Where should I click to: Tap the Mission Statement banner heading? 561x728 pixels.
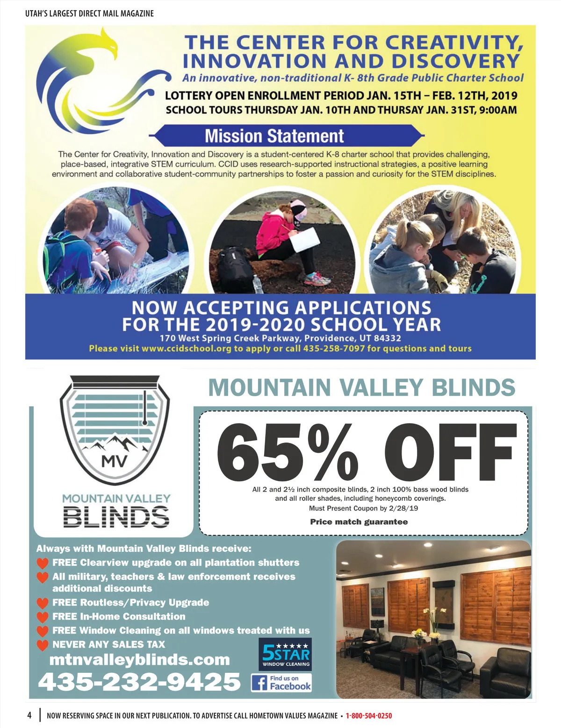[x=274, y=136]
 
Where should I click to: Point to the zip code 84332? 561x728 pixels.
[x=387, y=338]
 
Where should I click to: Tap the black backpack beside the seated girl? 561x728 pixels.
[x=236, y=269]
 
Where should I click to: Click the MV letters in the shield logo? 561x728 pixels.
[x=114, y=462]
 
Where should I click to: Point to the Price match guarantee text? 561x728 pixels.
[x=359, y=522]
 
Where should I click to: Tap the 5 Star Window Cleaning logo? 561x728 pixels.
[x=285, y=654]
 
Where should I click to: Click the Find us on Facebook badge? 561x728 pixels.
[x=281, y=683]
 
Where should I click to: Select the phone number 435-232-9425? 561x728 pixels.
[x=139, y=682]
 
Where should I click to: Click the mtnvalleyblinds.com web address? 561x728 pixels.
[x=139, y=660]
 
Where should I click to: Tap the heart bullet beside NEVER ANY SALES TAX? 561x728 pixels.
[x=43, y=645]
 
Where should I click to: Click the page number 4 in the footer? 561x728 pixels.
[x=29, y=715]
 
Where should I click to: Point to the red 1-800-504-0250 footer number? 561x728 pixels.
[x=368, y=716]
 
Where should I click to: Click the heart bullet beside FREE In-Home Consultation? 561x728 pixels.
[x=43, y=617]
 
